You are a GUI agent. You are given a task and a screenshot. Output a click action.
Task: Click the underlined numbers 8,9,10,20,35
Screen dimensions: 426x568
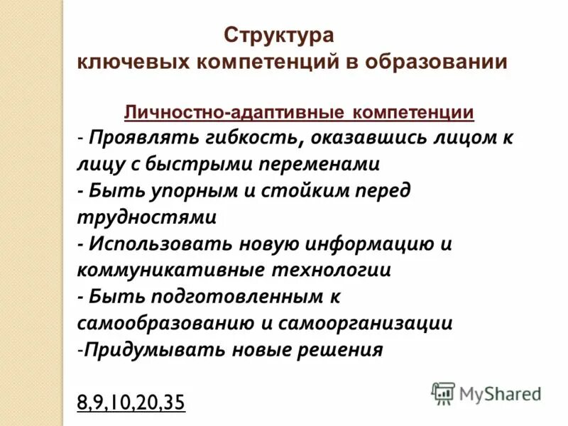[x=131, y=403]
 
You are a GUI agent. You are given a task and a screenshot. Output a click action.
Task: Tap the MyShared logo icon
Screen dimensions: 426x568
[x=444, y=393]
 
